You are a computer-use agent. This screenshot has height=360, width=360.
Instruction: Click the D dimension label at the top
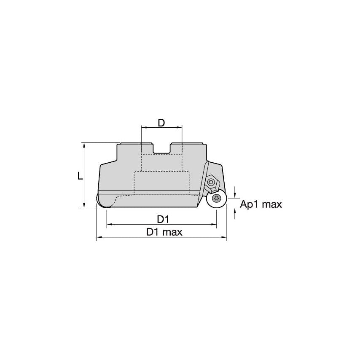[161, 123]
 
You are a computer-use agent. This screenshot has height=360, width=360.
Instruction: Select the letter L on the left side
[80, 176]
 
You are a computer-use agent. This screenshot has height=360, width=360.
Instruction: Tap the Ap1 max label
[261, 204]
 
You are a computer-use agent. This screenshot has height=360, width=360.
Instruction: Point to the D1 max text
[164, 232]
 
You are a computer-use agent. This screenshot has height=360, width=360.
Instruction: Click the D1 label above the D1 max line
[163, 219]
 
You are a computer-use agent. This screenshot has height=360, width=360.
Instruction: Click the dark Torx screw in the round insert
[217, 199]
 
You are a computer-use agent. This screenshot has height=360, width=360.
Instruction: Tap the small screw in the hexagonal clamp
[211, 182]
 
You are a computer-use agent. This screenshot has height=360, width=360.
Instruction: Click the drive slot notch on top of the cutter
[161, 148]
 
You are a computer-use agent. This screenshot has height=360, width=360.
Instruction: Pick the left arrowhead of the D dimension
[144, 126]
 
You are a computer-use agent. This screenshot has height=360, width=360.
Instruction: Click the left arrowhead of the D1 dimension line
[109, 225]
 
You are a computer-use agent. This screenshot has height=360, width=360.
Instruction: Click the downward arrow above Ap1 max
[235, 195]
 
